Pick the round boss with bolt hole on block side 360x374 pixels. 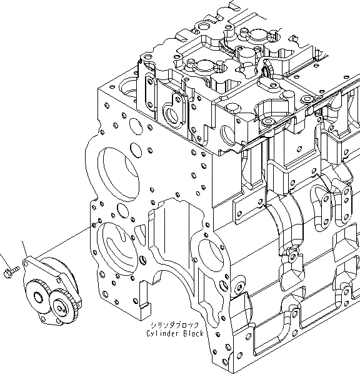click(x=239, y=288)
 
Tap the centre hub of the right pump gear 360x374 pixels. click(x=62, y=306)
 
